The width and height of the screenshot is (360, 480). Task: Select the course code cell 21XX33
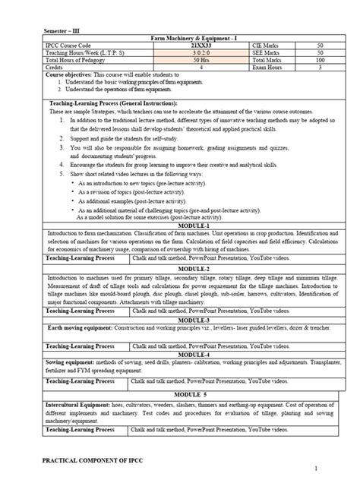pos(188,46)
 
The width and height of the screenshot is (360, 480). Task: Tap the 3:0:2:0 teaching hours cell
pos(188,53)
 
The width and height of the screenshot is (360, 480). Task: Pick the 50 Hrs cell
pos(188,61)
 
